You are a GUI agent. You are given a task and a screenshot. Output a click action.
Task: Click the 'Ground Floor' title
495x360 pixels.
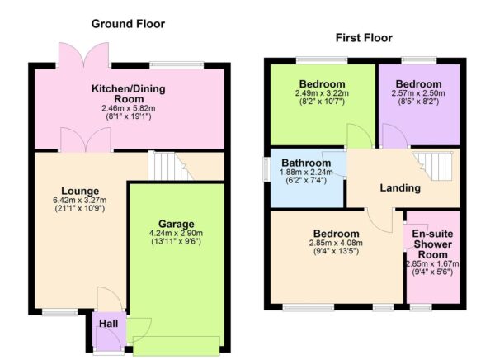coord(128,24)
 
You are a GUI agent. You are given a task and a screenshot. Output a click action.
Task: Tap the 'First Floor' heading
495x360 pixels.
coord(364,38)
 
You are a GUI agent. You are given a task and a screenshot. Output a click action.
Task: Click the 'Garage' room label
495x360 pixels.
coord(177,224)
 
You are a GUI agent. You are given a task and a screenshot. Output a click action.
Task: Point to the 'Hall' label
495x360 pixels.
coord(108,324)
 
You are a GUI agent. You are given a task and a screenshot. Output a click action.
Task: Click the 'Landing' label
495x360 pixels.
coord(400,188)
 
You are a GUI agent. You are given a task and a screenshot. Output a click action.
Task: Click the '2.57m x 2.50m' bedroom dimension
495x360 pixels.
coord(418,94)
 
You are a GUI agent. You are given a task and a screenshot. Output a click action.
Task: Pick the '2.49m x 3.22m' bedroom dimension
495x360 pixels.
coord(323,94)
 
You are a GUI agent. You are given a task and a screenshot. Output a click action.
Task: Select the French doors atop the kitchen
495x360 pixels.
coord(83,56)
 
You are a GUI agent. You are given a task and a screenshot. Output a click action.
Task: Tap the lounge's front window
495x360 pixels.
coord(58,312)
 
